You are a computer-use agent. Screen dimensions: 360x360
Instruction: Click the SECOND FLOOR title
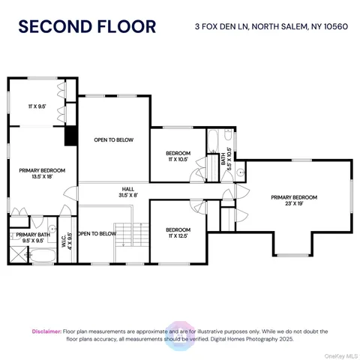pyautogui.click(x=87, y=28)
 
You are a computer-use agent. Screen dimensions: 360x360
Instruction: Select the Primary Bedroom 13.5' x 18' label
pyautogui.click(x=37, y=173)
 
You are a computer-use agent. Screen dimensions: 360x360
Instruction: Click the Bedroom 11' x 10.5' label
pyautogui.click(x=178, y=156)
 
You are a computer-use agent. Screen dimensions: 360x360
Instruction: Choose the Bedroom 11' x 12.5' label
pyautogui.click(x=178, y=232)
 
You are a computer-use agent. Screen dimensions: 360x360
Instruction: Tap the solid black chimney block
pyautogui.click(x=71, y=136)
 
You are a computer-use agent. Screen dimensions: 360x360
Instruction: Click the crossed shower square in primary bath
pyautogui.click(x=16, y=257)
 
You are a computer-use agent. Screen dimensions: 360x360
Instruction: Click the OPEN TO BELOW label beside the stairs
pyautogui.click(x=98, y=233)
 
